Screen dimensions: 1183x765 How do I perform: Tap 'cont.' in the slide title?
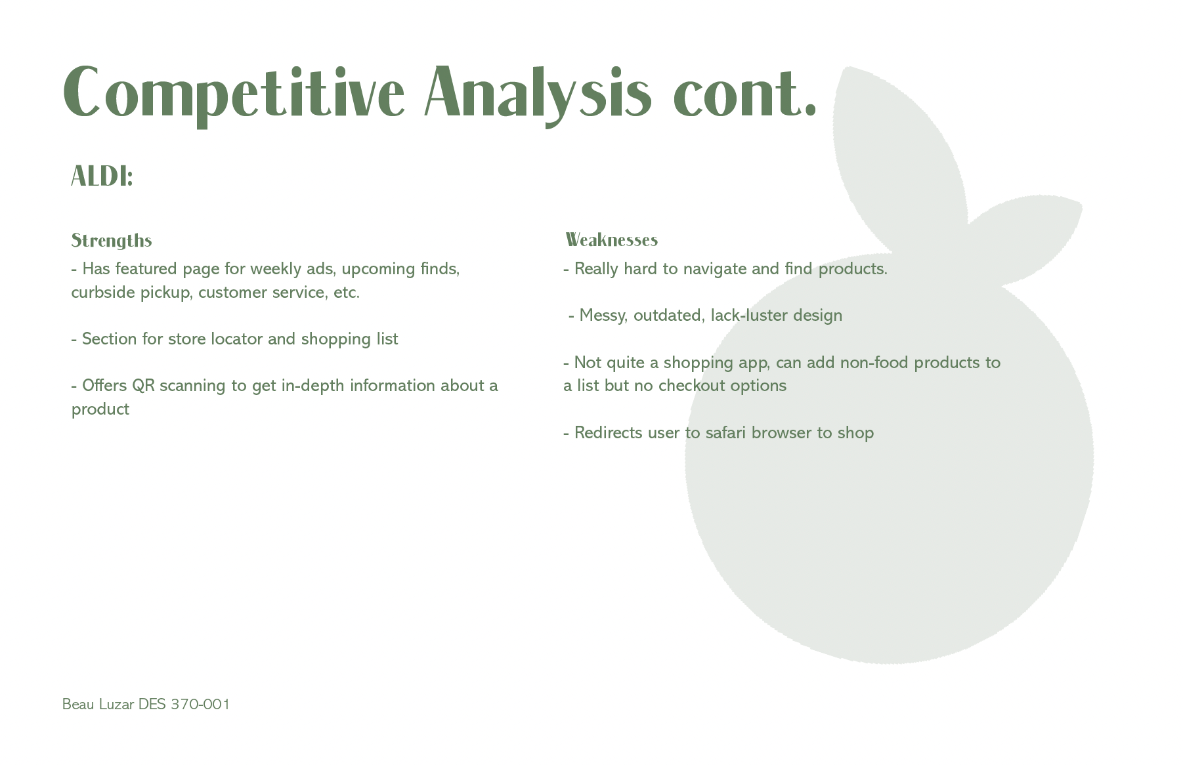[x=745, y=94]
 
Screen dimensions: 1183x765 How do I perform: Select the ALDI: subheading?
[x=102, y=176]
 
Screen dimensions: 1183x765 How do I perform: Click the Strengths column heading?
[x=112, y=241]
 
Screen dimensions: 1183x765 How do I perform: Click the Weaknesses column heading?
[x=611, y=240]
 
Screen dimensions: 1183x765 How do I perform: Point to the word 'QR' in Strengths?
[x=143, y=385]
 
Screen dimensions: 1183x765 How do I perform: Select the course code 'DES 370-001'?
[x=184, y=705]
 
